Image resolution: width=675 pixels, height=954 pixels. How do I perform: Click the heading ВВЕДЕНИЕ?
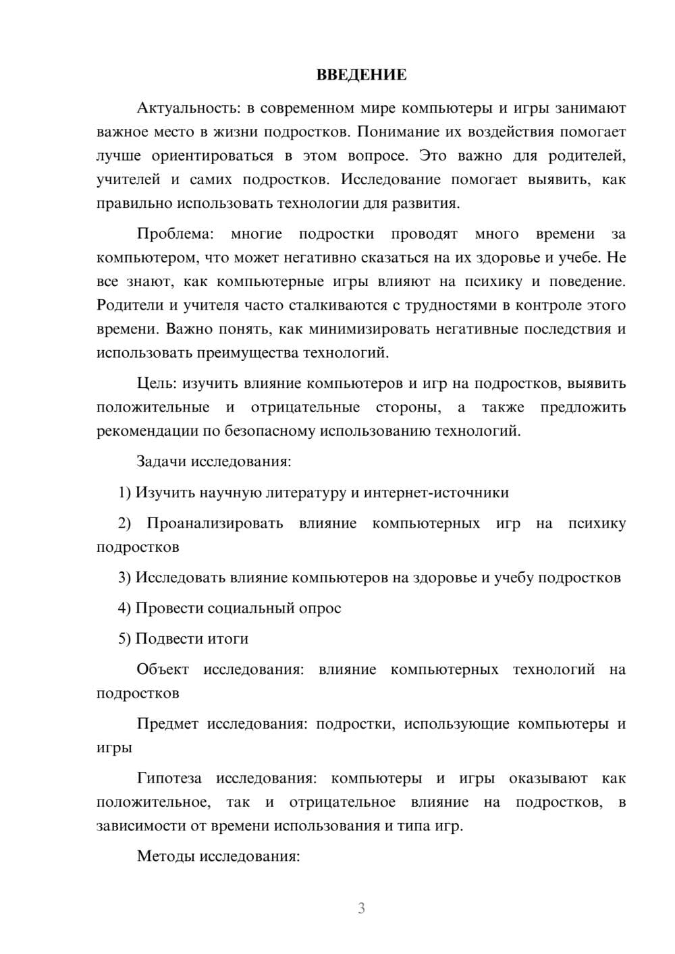tap(361, 75)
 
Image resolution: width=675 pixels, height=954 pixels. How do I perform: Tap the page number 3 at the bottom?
tap(361, 908)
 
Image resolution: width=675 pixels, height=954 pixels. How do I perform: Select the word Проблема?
tap(175, 234)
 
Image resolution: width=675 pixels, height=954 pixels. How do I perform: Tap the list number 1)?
tap(125, 493)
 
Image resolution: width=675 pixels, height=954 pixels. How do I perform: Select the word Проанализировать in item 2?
tap(215, 524)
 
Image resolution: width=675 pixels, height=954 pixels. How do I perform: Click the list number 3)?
tap(125, 578)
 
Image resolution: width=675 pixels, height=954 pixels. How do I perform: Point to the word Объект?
tap(163, 669)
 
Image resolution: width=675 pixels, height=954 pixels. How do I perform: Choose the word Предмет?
tap(167, 724)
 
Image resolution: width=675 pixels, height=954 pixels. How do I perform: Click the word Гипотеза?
tap(169, 778)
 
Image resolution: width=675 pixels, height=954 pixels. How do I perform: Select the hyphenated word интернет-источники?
tap(436, 493)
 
